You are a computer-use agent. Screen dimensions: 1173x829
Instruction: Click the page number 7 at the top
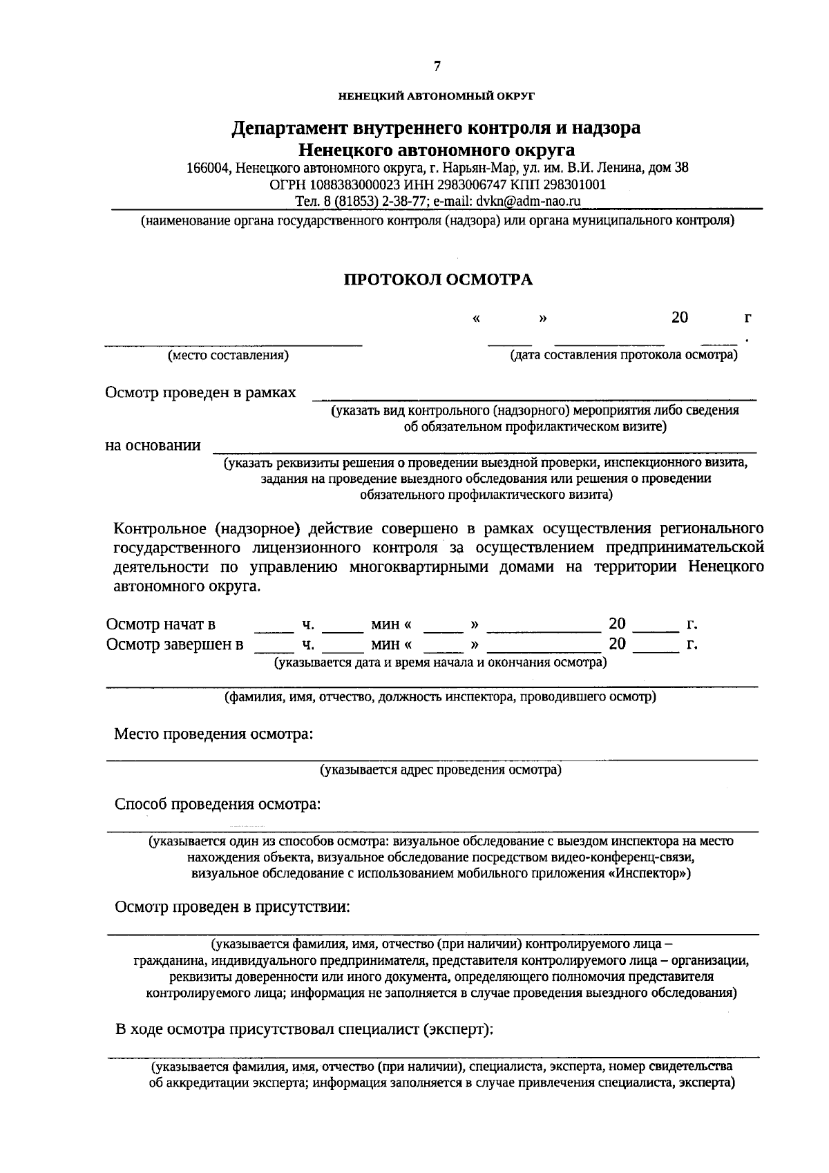point(437,67)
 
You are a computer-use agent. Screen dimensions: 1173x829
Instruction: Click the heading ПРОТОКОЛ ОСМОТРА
point(439,280)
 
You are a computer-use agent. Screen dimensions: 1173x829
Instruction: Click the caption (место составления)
point(229,356)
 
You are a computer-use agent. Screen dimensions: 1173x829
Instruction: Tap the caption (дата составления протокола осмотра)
point(623,356)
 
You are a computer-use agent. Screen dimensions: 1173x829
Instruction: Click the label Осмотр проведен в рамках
point(200,392)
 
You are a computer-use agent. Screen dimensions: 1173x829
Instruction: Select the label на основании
point(153,445)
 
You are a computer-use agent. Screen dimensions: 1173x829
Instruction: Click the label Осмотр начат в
point(161,624)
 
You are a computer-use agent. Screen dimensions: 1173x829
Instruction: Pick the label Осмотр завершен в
point(175,645)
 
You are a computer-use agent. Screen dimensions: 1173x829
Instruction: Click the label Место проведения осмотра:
point(213,734)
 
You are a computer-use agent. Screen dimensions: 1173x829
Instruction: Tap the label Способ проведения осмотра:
point(218,804)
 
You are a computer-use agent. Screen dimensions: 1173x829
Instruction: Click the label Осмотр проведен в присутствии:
point(232,907)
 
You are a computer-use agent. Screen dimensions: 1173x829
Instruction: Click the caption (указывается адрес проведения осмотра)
point(440,770)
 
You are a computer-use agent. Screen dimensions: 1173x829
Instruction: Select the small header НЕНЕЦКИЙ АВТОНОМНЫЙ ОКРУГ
point(437,96)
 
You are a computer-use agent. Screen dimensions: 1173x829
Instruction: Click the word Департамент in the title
point(290,128)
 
